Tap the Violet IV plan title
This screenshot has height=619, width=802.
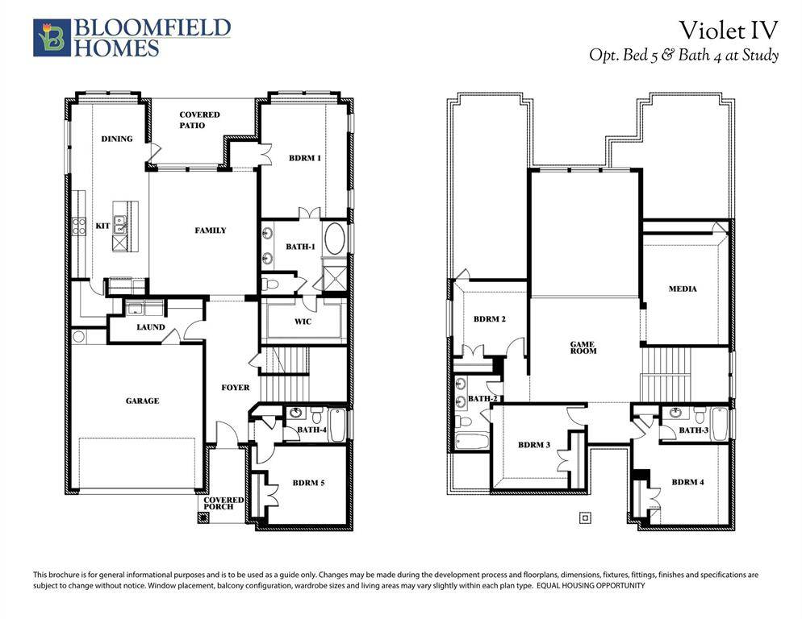[728, 30]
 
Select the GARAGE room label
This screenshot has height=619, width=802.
[142, 401]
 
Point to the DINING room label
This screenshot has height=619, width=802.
[117, 139]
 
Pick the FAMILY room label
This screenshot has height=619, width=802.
[211, 231]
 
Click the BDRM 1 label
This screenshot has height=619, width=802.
[305, 158]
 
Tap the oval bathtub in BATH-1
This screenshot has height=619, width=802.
[334, 240]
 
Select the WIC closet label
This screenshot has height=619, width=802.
[303, 322]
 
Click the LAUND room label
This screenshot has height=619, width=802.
[150, 327]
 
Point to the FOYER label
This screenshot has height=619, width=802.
[236, 388]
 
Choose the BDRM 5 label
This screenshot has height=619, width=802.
[308, 483]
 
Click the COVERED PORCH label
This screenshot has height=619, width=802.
[223, 504]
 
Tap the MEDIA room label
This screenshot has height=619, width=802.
[683, 289]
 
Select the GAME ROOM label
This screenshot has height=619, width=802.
[583, 347]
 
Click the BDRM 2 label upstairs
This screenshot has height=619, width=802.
[490, 319]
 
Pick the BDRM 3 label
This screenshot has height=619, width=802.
[534, 445]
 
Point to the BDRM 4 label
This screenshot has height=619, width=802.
[687, 482]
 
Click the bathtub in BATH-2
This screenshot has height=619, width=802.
[470, 442]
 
